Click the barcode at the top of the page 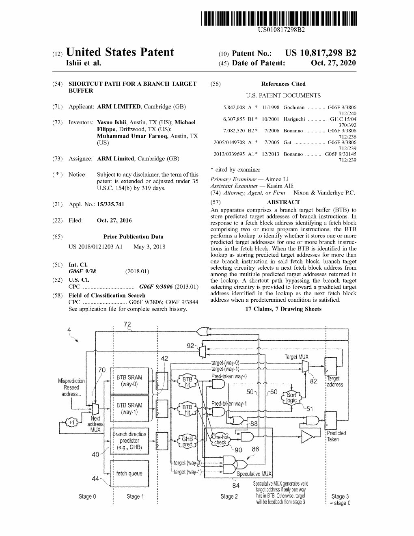pos(278,19)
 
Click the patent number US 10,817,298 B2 pos(321,53)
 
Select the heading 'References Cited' pos(283,84)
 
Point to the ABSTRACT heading pos(283,202)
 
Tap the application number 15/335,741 pos(110,204)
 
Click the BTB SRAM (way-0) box pos(129,381)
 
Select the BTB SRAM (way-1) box pos(129,409)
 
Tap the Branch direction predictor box pos(129,441)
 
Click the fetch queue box pos(129,473)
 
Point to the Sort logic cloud pos(291,398)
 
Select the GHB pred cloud pos(187,441)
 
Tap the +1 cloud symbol pos(71,422)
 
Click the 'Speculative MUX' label pos(254,473)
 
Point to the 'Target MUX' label pos(296,357)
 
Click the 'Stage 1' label pos(135,496)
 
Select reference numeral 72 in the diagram pos(127,324)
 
